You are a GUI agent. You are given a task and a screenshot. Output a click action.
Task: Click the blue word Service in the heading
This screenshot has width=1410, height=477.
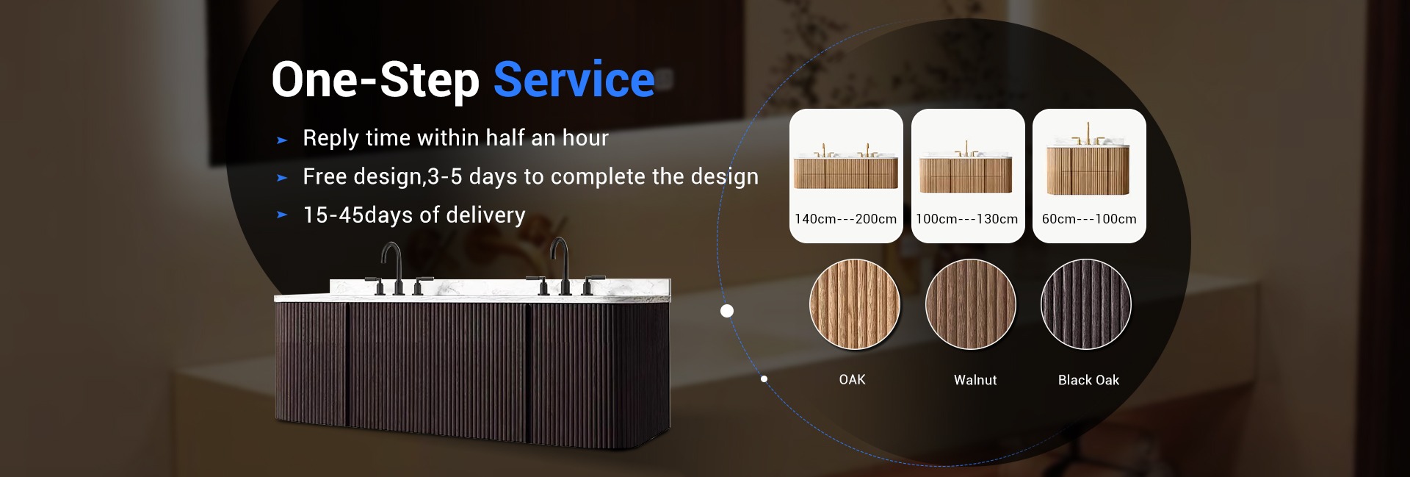coord(574,79)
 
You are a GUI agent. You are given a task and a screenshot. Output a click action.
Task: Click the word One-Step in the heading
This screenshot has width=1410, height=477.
coord(375,81)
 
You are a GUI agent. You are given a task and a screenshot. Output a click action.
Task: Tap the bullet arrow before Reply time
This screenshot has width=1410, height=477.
coord(281,140)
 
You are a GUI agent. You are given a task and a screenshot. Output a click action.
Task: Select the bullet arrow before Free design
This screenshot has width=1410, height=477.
coord(281,178)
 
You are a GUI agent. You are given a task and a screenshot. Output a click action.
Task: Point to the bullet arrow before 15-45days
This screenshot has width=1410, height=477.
coord(281,215)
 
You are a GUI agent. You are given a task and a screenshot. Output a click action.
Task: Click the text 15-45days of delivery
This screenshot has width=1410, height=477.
coord(414,215)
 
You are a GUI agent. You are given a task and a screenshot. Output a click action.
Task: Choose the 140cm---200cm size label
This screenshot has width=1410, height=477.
coord(845,219)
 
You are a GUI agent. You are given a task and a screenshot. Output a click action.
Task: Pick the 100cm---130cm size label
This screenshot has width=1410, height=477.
coord(966,219)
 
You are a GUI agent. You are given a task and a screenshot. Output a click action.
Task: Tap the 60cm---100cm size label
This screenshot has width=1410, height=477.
coord(1089,219)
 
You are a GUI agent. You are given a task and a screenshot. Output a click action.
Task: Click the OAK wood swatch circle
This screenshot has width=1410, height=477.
coord(855,304)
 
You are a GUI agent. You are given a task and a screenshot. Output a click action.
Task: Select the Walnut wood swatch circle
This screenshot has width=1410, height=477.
coord(971,304)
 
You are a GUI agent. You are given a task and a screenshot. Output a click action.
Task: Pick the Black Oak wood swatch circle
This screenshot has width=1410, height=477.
coord(1086,304)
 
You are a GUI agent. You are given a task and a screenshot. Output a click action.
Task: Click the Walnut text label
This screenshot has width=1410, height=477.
coord(975,380)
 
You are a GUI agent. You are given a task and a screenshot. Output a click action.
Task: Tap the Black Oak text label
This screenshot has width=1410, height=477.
coord(1088,380)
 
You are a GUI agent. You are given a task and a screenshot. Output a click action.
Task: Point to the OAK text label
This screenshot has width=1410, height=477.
coord(852,379)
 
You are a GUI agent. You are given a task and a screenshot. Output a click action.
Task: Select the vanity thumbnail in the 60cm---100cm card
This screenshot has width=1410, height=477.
coord(1088,162)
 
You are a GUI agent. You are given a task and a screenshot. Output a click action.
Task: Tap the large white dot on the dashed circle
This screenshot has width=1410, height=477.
coord(727,311)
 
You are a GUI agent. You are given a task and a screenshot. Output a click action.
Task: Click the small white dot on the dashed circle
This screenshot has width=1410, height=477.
coord(764,379)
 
